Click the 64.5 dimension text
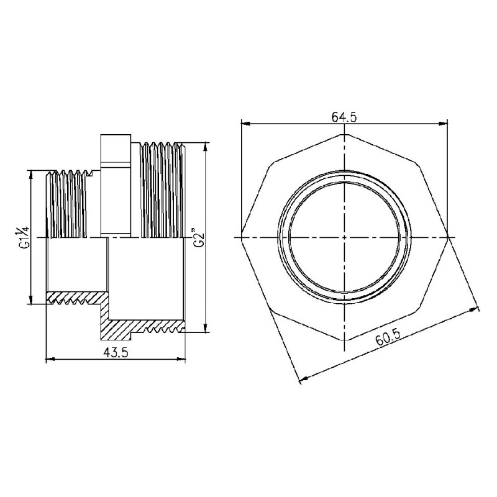[x=343, y=116]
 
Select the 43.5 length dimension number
[x=116, y=352]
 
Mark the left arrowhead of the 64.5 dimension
[x=244, y=123]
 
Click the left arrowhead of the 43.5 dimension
[x=51, y=359]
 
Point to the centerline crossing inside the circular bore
[x=344, y=238]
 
